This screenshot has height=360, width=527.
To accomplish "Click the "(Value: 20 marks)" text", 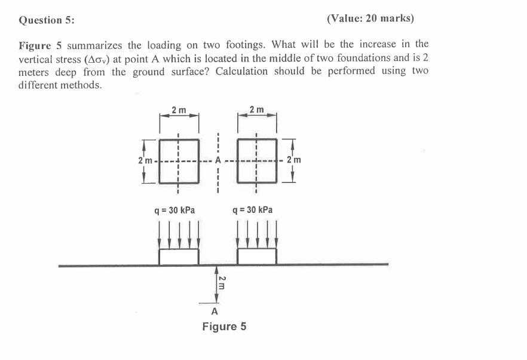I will click(x=370, y=19).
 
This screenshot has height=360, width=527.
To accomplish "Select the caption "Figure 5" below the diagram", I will click(x=224, y=327).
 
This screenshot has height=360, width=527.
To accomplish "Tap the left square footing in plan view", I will click(x=179, y=160).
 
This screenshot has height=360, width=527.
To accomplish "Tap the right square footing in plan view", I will click(x=257, y=160).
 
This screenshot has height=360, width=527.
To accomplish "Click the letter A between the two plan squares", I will click(x=218, y=160).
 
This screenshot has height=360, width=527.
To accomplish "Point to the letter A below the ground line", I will click(x=215, y=312).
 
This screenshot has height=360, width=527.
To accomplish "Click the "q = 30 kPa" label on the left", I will click(x=175, y=210).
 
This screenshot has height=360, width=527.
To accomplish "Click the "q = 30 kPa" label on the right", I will click(x=253, y=210).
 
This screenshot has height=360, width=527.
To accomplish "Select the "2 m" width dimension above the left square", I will click(x=178, y=110).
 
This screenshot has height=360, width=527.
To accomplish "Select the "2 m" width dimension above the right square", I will click(x=257, y=110).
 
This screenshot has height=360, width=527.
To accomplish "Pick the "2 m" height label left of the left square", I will click(x=144, y=161).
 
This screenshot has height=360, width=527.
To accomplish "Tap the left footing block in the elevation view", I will click(x=179, y=256).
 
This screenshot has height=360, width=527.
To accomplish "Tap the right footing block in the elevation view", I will click(x=257, y=256).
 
